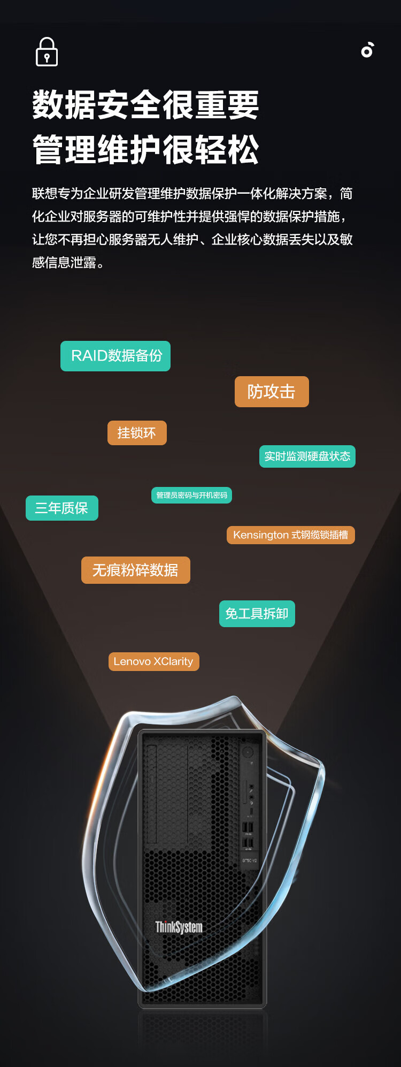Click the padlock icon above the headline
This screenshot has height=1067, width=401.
click(47, 52)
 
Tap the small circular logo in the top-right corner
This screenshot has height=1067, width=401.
click(367, 50)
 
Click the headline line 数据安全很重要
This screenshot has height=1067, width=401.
click(145, 105)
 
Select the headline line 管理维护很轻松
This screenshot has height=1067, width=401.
click(145, 150)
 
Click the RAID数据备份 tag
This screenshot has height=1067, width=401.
click(115, 356)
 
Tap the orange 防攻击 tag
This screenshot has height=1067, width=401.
click(272, 392)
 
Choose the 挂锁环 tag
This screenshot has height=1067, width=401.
click(137, 433)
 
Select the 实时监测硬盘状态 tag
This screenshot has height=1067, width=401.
click(307, 456)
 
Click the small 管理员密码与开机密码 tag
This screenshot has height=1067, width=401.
click(191, 496)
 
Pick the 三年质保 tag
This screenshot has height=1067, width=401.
click(61, 508)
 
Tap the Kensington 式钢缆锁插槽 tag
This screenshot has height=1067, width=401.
click(290, 535)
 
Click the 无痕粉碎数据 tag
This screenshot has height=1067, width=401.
click(135, 570)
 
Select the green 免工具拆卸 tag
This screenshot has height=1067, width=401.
click(257, 614)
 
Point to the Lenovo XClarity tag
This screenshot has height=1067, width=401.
click(153, 661)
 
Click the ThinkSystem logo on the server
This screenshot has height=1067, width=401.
click(179, 927)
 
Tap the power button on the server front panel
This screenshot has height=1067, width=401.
click(248, 752)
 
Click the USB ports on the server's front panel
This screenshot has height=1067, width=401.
click(248, 835)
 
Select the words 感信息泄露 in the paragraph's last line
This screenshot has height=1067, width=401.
click(64, 263)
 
